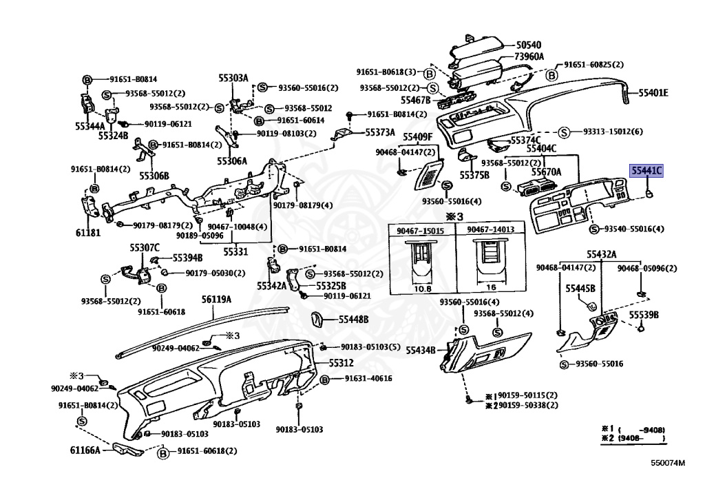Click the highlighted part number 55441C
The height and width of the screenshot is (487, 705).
point(646,171)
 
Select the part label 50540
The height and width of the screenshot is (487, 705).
point(528,45)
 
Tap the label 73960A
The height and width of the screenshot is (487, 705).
point(529,56)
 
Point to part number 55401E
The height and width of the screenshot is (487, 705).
point(653,93)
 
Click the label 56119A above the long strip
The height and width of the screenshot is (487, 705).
point(216,299)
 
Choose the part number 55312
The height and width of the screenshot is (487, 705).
point(341,363)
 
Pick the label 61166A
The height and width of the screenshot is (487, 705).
point(85,450)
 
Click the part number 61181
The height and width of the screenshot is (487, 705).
point(88,233)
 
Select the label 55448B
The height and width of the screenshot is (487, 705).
point(353,319)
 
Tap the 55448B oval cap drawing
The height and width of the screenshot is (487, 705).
point(317,320)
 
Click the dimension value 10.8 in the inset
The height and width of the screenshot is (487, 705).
point(422,289)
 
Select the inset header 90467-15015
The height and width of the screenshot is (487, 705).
point(421,231)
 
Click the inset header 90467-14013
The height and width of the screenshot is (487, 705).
point(490,230)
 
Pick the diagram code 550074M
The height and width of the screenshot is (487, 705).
point(668,463)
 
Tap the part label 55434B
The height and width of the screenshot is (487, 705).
point(421,351)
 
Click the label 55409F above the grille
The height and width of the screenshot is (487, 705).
point(418,136)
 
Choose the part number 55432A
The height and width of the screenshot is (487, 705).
point(602,254)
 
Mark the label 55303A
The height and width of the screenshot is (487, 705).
point(233,78)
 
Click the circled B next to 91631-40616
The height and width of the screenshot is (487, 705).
point(325,380)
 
